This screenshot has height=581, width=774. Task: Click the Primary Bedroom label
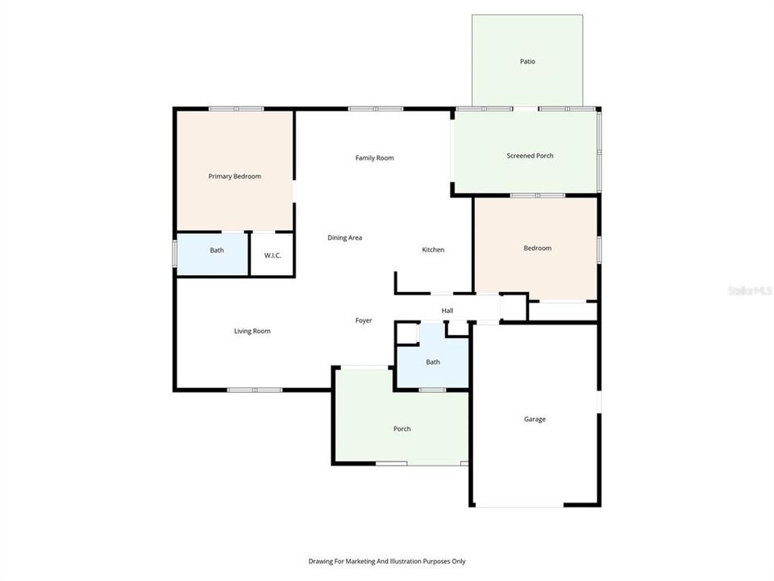[x=235, y=176]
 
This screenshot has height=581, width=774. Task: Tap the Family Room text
[x=375, y=158]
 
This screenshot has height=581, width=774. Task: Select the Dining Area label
[x=344, y=238]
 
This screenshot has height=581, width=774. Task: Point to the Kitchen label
[x=433, y=250]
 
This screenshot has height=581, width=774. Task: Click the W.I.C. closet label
[x=272, y=256]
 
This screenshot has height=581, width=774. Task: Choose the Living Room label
[x=252, y=331]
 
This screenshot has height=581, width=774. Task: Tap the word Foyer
[x=364, y=320]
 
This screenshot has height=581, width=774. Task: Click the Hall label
[x=447, y=311]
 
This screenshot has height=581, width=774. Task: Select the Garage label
[x=535, y=420]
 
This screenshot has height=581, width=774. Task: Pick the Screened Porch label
[x=530, y=156]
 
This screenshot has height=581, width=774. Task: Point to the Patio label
[x=527, y=61]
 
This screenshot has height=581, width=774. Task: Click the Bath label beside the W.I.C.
[x=217, y=250]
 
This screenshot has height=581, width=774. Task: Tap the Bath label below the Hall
[x=433, y=362]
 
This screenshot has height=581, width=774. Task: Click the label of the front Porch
[x=402, y=428]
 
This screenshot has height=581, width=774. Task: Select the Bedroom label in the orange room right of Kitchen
[x=538, y=249]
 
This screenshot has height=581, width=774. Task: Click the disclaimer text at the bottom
[x=386, y=561]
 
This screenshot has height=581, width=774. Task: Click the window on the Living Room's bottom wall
[x=254, y=391]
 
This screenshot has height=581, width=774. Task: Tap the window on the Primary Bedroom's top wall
[x=236, y=109]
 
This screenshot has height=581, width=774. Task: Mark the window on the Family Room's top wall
[x=376, y=109]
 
